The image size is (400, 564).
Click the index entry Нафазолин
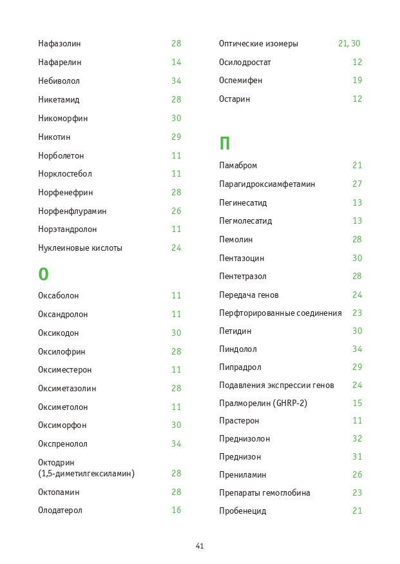[x=59, y=44]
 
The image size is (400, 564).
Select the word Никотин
[x=54, y=137]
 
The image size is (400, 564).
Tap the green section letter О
[x=43, y=275]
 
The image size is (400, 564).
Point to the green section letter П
[x=224, y=144]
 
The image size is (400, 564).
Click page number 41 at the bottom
[x=200, y=546]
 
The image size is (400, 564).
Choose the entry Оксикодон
[x=58, y=333]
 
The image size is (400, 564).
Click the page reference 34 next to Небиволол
[x=176, y=81]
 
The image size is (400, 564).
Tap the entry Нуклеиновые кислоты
[x=80, y=248]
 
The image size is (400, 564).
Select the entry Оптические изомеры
[x=258, y=44]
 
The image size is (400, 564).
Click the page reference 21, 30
[x=349, y=44]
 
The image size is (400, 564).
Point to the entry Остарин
[x=234, y=99]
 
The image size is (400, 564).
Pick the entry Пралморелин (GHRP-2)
[x=263, y=404]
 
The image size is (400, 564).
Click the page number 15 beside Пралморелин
[x=357, y=404]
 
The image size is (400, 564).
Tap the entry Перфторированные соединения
[x=280, y=313]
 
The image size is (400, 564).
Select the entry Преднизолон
[x=244, y=439]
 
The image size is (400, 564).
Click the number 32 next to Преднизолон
[x=357, y=439]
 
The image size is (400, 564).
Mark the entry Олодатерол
[x=60, y=511]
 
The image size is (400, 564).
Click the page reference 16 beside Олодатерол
[x=176, y=511]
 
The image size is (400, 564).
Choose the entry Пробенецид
[x=242, y=511]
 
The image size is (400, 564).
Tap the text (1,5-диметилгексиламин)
[x=86, y=474]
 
